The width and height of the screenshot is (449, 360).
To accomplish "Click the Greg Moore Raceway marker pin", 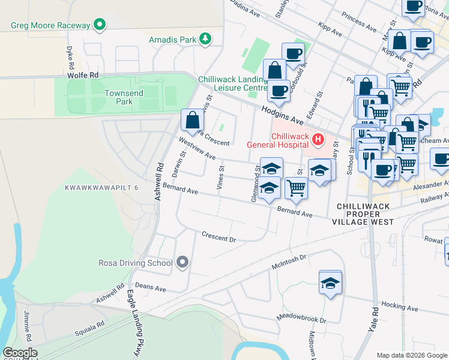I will [100, 25].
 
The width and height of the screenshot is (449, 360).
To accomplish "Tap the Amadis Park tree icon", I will [205, 39].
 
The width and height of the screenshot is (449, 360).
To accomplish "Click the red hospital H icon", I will [318, 140].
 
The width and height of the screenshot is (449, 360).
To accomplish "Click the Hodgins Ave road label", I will [285, 114].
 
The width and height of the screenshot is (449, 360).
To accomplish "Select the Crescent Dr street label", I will [219, 236].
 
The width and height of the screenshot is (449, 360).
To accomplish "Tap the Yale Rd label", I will [376, 318].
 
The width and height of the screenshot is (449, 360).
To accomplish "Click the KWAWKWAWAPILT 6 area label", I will [102, 188].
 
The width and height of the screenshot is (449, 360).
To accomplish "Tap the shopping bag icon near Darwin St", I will [192, 120].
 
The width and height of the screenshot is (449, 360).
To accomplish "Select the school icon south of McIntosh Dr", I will [330, 283].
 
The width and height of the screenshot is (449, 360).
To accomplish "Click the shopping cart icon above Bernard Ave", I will [296, 188].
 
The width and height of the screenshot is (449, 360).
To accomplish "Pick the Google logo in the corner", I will [20, 353].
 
